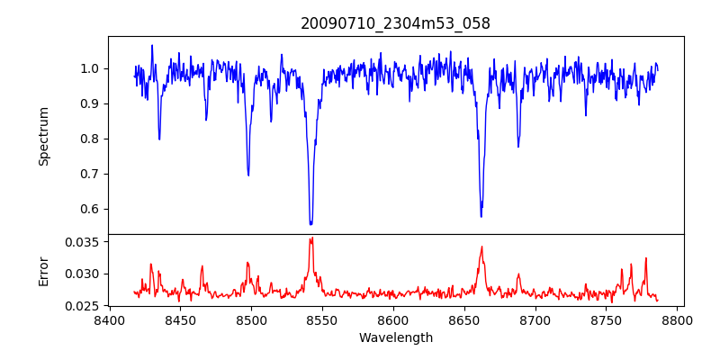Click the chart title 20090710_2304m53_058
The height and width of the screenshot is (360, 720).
[x=395, y=23]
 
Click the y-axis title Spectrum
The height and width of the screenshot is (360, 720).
[x=43, y=136]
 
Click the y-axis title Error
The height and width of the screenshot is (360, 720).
[x=43, y=270]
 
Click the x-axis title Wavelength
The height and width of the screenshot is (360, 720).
[x=395, y=338]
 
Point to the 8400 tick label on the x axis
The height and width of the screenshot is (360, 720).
[x=109, y=319]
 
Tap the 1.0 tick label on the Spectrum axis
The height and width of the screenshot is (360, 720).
[x=91, y=68]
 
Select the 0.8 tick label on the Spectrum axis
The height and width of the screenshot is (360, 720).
[x=91, y=139]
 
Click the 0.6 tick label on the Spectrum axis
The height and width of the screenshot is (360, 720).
[x=91, y=209]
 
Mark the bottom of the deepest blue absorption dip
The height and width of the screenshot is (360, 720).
[x=310, y=224]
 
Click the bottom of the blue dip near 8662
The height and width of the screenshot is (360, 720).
[x=481, y=216]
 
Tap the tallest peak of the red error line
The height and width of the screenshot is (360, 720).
[x=311, y=238]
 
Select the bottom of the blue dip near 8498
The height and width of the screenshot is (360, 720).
[x=248, y=175]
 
